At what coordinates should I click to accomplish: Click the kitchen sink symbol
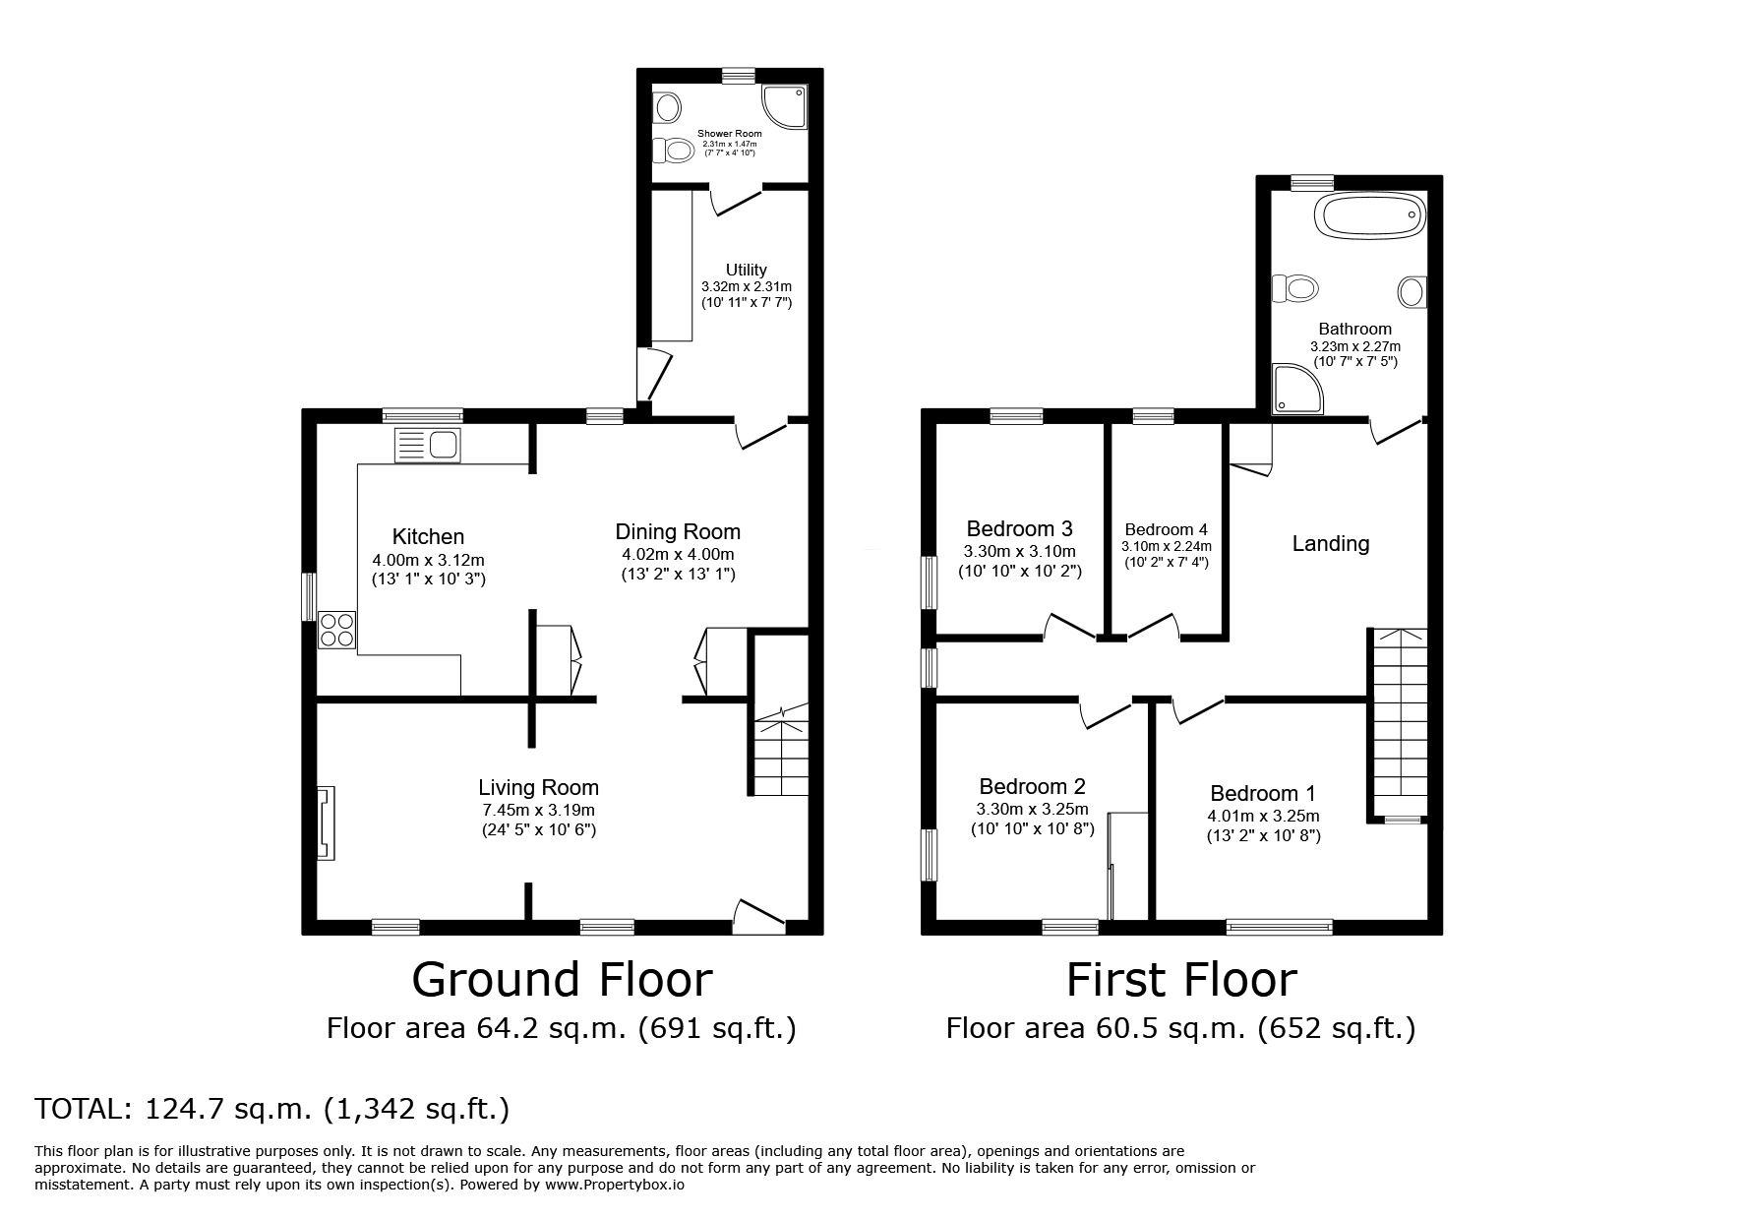(x=427, y=446)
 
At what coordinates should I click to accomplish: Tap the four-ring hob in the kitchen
(x=336, y=630)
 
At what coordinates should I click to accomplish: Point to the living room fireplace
(x=326, y=823)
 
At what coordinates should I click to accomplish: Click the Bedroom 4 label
(x=1166, y=529)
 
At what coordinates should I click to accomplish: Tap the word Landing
(x=1330, y=543)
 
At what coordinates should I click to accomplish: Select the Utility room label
(x=747, y=270)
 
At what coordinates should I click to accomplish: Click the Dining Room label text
(x=678, y=532)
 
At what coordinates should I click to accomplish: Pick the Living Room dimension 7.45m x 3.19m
(x=538, y=810)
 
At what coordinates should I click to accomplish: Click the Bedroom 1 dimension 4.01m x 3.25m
(x=1263, y=816)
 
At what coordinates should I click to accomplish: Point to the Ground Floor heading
(x=562, y=980)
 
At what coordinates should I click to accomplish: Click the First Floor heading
(x=1181, y=980)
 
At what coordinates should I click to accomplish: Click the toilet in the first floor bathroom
(x=1294, y=289)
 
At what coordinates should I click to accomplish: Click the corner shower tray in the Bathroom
(x=1295, y=388)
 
